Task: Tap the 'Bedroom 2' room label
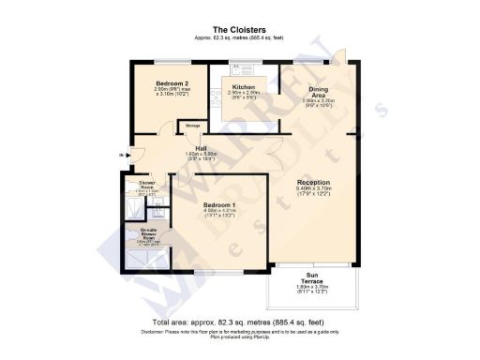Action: [172, 82]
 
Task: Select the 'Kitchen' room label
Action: [245, 87]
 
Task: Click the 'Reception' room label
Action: [313, 183]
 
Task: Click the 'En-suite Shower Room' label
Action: [149, 232]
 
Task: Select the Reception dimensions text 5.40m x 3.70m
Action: [313, 191]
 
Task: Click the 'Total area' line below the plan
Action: [239, 322]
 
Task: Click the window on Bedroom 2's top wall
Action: [170, 63]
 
